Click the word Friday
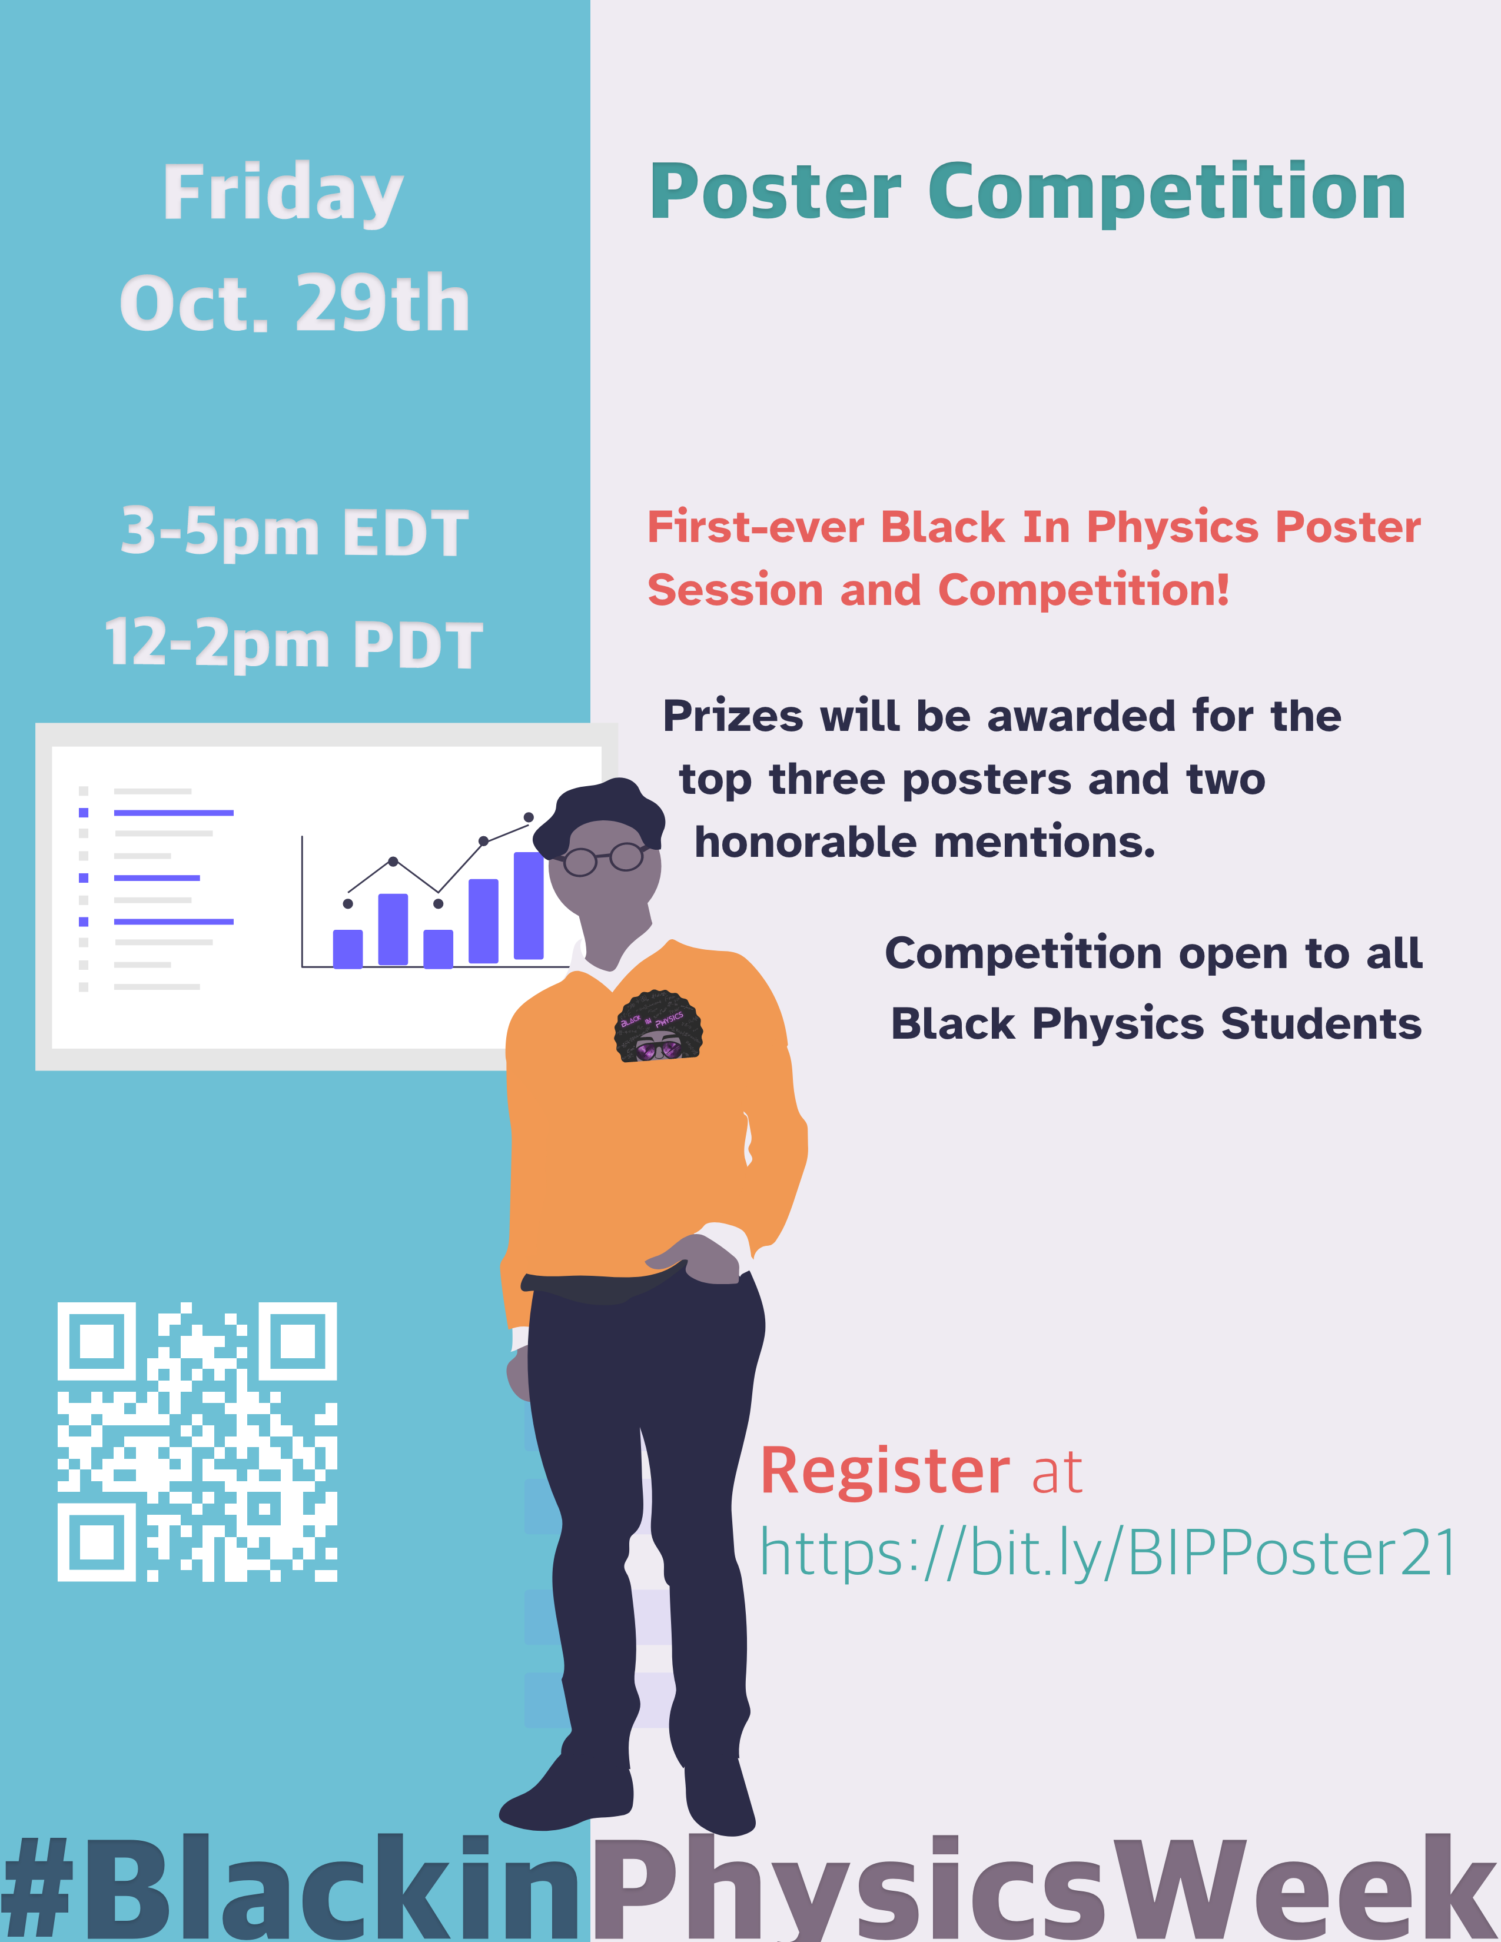click(x=283, y=194)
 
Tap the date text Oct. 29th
click(x=294, y=304)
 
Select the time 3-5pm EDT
click(x=294, y=533)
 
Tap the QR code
click(x=197, y=1441)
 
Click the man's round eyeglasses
click(x=605, y=858)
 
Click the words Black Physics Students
click(x=1156, y=1023)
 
